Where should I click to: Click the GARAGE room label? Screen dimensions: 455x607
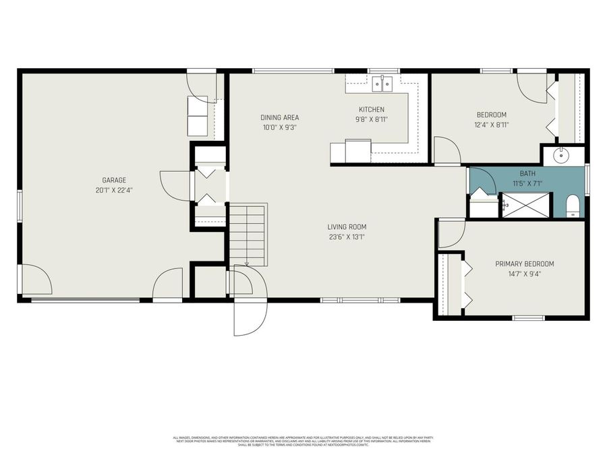click(x=114, y=180)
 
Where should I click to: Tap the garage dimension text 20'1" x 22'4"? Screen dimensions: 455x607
click(x=114, y=190)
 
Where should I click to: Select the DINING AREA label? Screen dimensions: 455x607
click(x=280, y=117)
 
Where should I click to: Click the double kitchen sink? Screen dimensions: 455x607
click(x=383, y=84)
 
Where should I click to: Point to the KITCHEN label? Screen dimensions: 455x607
click(x=371, y=109)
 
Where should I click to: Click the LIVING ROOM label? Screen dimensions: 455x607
click(x=347, y=227)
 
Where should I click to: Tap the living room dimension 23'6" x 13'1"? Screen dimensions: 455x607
click(x=347, y=237)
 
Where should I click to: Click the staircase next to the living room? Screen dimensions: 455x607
click(x=248, y=234)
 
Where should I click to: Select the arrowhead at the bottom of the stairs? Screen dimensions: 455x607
click(x=248, y=264)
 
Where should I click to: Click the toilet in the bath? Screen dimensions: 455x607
click(x=573, y=206)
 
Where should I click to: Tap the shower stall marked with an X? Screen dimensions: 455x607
click(x=527, y=205)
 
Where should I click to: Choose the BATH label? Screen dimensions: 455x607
click(x=527, y=173)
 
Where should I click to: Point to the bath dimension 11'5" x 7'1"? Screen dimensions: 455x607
click(x=527, y=183)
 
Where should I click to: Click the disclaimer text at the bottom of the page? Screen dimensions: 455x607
click(x=303, y=441)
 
